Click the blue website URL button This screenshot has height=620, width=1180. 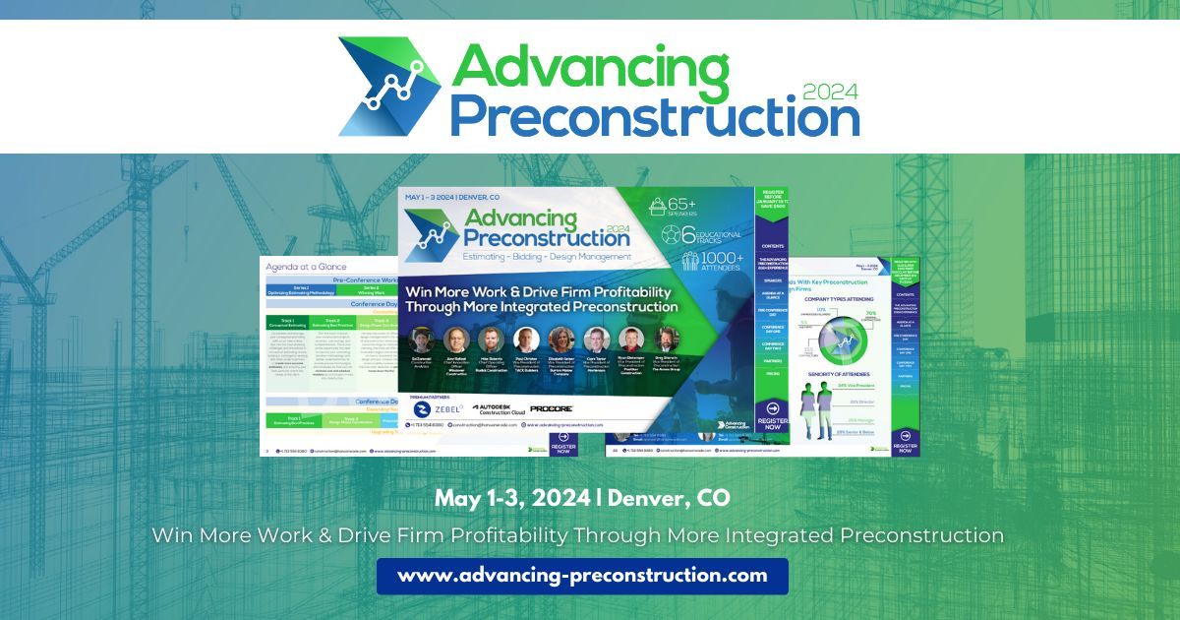pyautogui.click(x=582, y=576)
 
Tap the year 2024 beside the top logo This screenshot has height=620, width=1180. pyautogui.click(x=830, y=93)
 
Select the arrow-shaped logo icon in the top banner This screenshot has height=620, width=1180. pyautogui.click(x=386, y=87)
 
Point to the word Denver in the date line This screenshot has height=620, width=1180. pyautogui.click(x=649, y=498)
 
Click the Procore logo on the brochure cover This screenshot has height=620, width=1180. pyautogui.click(x=551, y=407)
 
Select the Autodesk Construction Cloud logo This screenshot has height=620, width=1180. pyautogui.click(x=495, y=407)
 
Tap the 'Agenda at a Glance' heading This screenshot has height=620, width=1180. pyautogui.click(x=306, y=267)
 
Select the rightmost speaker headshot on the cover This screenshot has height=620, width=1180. pyautogui.click(x=666, y=340)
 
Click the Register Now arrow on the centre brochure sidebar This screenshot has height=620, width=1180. pyautogui.click(x=772, y=409)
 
